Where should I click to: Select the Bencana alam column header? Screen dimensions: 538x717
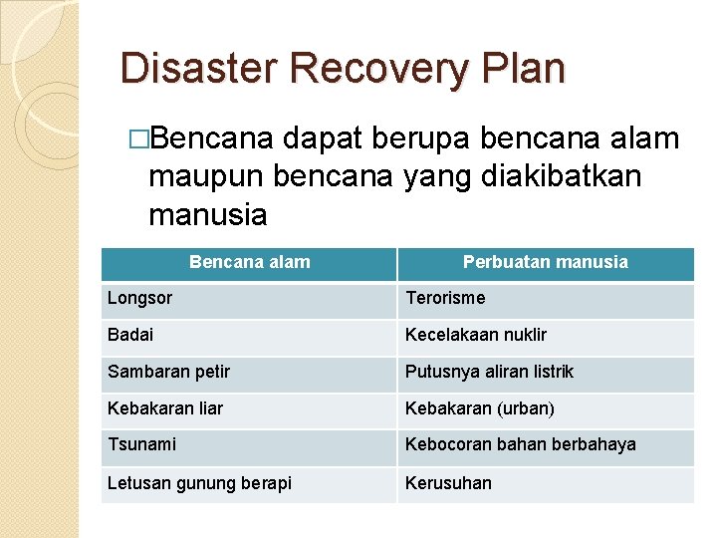[x=249, y=263]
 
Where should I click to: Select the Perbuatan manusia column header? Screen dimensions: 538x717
[x=545, y=263]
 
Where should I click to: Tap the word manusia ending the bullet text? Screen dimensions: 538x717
[x=207, y=213]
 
